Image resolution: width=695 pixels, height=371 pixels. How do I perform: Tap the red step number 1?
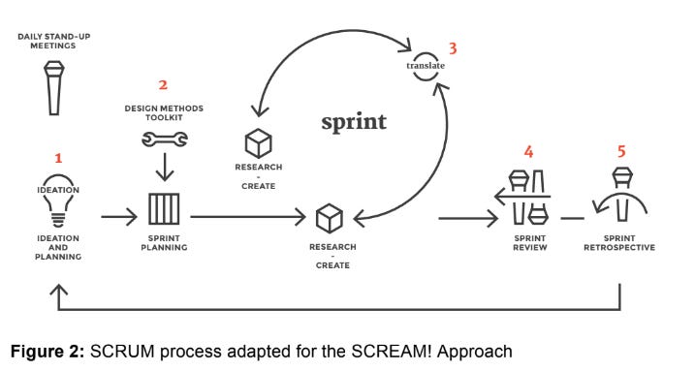pyautogui.click(x=57, y=157)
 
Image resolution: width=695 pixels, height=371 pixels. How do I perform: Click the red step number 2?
pyautogui.click(x=163, y=85)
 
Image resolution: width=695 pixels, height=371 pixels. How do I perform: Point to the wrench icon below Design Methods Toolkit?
pyautogui.click(x=162, y=139)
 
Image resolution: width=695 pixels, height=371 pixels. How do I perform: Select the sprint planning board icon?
pyautogui.click(x=163, y=208)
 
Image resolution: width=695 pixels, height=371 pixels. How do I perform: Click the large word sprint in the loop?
pyautogui.click(x=354, y=122)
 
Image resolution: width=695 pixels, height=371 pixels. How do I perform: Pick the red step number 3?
pyautogui.click(x=451, y=46)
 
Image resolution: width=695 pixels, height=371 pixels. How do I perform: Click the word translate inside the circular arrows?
pyautogui.click(x=425, y=66)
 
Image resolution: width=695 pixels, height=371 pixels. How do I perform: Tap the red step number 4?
pyautogui.click(x=528, y=152)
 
